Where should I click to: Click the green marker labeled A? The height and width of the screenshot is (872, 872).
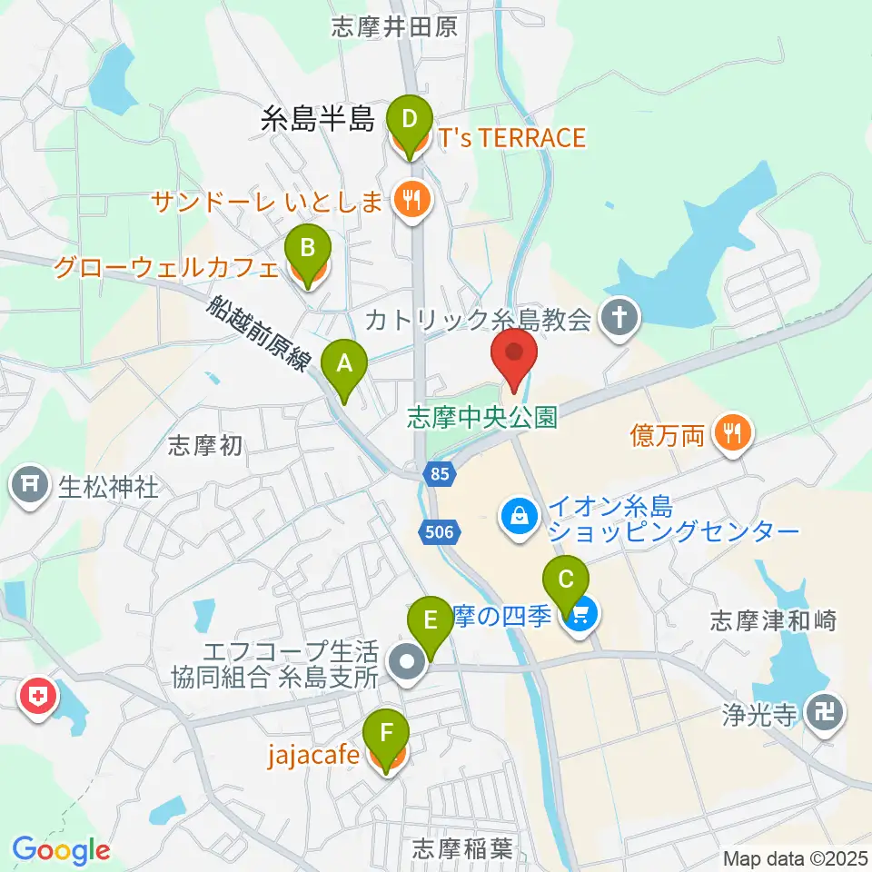click(344, 365)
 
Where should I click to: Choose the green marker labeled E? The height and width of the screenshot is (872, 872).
click(431, 623)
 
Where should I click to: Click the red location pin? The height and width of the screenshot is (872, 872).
click(515, 354)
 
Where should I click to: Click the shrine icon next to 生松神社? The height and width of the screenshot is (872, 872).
click(30, 488)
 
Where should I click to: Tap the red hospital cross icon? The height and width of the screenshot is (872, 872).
click(37, 698)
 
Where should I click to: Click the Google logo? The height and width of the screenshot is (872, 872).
click(61, 850)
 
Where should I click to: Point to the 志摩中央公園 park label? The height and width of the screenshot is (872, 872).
click(481, 418)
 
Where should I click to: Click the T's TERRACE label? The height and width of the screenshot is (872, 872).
click(511, 138)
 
